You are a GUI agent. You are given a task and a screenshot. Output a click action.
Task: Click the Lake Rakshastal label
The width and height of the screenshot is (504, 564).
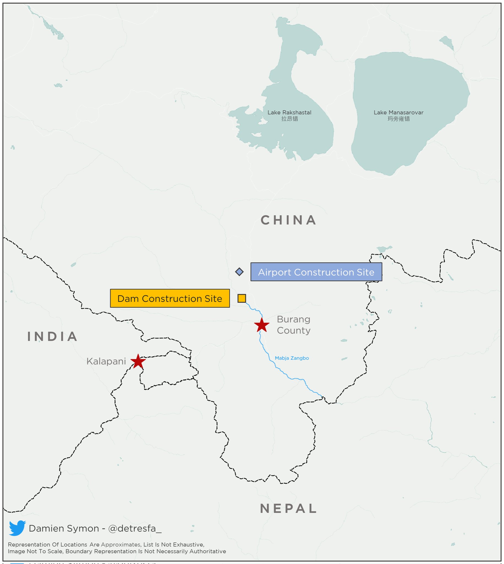click(x=289, y=113)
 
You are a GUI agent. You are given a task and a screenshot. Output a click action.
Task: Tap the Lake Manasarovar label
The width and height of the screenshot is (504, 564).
click(x=398, y=113)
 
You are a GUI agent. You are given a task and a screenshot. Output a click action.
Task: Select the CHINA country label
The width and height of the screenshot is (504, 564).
click(x=288, y=220)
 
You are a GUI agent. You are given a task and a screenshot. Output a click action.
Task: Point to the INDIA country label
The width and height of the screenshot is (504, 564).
click(x=52, y=337)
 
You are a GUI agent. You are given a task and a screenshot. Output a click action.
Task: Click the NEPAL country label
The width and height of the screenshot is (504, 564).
click(x=288, y=509)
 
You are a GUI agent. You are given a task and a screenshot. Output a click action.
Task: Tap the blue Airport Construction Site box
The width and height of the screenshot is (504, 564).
click(x=316, y=272)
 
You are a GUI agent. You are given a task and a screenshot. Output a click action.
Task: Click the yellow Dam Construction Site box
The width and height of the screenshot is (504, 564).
click(x=170, y=299)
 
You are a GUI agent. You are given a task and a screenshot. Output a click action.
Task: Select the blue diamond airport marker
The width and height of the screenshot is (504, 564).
click(x=239, y=272)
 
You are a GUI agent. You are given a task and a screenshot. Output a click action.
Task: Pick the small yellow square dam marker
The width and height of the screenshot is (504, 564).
click(x=242, y=298)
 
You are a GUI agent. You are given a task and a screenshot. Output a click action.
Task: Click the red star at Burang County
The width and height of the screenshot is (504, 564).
click(x=261, y=325)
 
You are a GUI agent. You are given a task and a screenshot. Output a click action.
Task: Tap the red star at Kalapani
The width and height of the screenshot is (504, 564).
click(x=138, y=361)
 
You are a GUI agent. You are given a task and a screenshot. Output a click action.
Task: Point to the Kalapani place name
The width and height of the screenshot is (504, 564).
click(x=106, y=361)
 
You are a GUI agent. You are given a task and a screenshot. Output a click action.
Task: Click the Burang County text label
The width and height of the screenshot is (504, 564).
click(x=294, y=325)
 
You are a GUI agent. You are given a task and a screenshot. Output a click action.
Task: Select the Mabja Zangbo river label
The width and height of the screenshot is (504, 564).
click(x=292, y=358)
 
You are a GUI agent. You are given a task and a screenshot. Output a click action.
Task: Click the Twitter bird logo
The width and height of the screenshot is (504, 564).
click(x=17, y=528)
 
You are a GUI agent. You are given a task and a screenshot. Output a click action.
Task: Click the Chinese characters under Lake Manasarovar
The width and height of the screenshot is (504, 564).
click(x=398, y=119)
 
